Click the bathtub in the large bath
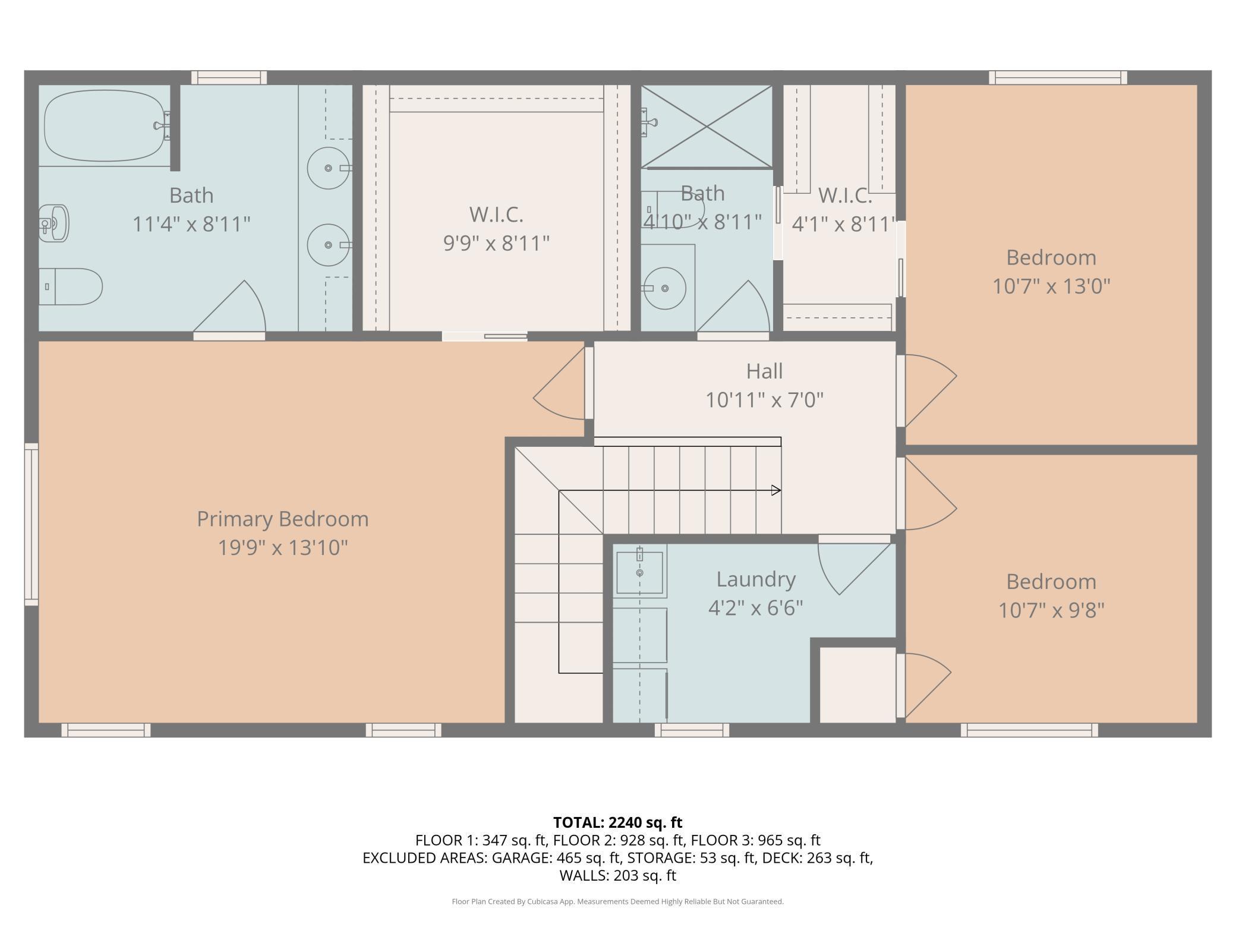pyautogui.click(x=105, y=125)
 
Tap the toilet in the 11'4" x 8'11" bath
pyautogui.click(x=71, y=286)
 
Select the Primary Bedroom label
pyautogui.click(x=283, y=519)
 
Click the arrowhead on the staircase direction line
pyautogui.click(x=776, y=490)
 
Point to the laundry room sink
pyautogui.click(x=639, y=572)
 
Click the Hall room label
pyautogui.click(x=764, y=371)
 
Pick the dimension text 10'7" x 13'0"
pyautogui.click(x=1051, y=286)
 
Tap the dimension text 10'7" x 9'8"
pyautogui.click(x=1051, y=610)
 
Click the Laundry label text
pyautogui.click(x=756, y=579)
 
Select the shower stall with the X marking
pyautogui.click(x=707, y=127)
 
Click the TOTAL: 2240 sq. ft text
pyautogui.click(x=618, y=822)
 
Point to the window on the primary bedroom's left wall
pyautogui.click(x=31, y=524)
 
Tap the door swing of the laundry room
pyautogui.click(x=856, y=569)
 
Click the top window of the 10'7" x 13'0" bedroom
pyautogui.click(x=1058, y=78)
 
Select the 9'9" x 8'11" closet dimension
pyautogui.click(x=497, y=243)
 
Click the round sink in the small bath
pyautogui.click(x=665, y=288)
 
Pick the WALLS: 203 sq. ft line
pyautogui.click(x=618, y=875)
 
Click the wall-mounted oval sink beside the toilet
pyautogui.click(x=54, y=223)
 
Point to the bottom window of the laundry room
pyautogui.click(x=692, y=730)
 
